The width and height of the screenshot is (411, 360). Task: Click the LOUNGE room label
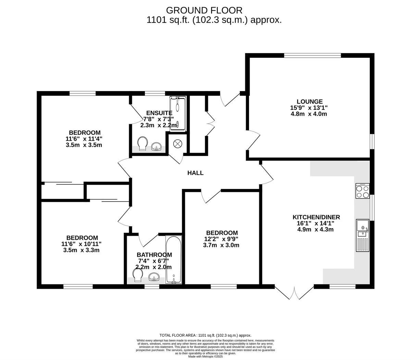[309, 102]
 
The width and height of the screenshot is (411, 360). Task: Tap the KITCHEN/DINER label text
[316, 217]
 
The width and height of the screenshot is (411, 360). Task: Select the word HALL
[195, 173]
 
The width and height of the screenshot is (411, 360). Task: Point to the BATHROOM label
[154, 255]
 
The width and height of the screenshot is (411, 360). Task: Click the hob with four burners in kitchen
[363, 191]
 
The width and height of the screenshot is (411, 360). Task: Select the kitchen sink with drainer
[363, 236]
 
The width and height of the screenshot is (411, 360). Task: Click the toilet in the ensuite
[142, 143]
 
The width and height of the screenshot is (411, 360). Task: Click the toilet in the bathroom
[138, 275]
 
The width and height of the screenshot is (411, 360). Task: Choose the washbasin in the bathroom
[154, 277]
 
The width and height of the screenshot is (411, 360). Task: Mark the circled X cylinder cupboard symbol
[178, 144]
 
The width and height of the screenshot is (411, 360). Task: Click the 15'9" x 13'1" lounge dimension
[309, 108]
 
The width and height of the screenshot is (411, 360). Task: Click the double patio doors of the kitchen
[294, 293]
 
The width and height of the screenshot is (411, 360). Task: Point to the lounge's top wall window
[312, 55]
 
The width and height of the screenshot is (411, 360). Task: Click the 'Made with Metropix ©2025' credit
[206, 356]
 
